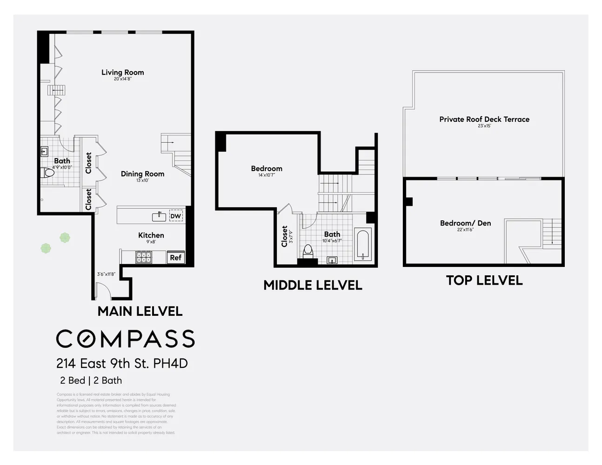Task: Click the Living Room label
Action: (x=122, y=72)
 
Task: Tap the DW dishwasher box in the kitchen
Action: (x=175, y=216)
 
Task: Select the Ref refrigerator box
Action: (x=175, y=258)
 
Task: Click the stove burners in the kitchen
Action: (x=143, y=257)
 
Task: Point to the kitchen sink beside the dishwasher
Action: (x=159, y=216)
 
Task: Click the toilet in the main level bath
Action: (x=48, y=173)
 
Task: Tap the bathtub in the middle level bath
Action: (x=362, y=245)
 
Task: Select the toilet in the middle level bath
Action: (x=308, y=252)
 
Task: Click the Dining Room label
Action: (x=142, y=173)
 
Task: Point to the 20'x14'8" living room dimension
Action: (x=122, y=79)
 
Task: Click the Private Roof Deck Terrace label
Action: (x=484, y=119)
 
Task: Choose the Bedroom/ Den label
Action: (x=465, y=223)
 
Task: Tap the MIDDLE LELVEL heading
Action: (x=313, y=285)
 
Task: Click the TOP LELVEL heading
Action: (x=484, y=280)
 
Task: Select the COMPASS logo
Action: (x=126, y=339)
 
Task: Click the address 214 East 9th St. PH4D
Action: (x=122, y=363)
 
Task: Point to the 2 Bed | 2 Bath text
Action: (x=91, y=380)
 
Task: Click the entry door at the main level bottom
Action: (x=103, y=292)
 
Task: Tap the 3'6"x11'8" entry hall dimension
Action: (x=106, y=274)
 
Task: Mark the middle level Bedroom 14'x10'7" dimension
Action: (x=267, y=175)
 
